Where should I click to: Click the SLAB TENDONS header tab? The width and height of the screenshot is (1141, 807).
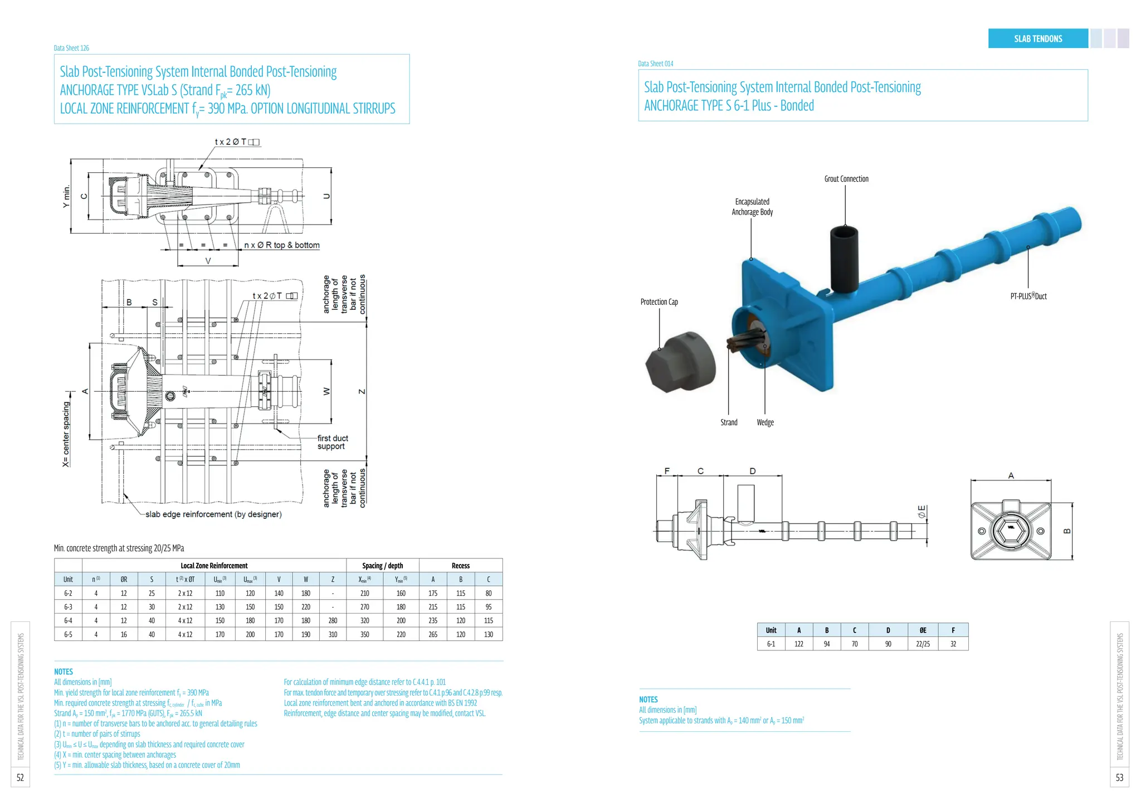pyautogui.click(x=1037, y=38)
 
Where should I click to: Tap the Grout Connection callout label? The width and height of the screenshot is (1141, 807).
pyautogui.click(x=846, y=179)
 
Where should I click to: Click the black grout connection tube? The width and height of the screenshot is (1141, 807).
pyautogui.click(x=843, y=259)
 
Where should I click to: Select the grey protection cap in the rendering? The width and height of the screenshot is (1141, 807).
pyautogui.click(x=680, y=363)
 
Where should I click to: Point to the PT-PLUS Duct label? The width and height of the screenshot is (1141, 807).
pyautogui.click(x=1028, y=296)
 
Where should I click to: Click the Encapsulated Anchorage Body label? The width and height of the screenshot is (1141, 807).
pyautogui.click(x=752, y=207)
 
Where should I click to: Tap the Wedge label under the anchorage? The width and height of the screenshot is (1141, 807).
pyautogui.click(x=765, y=422)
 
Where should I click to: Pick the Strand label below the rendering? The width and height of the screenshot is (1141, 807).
pyautogui.click(x=729, y=422)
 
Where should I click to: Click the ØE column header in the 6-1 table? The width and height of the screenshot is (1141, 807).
pyautogui.click(x=923, y=630)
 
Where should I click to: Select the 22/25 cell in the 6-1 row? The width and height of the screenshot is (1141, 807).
pyautogui.click(x=923, y=644)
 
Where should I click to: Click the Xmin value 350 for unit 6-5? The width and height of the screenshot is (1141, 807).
pyautogui.click(x=364, y=634)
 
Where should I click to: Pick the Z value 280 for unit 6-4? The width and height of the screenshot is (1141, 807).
pyautogui.click(x=333, y=620)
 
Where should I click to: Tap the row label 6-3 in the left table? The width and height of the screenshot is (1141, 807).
pyautogui.click(x=68, y=607)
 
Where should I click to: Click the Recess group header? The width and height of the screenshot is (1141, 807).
pyautogui.click(x=460, y=566)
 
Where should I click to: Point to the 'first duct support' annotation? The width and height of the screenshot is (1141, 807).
pyautogui.click(x=332, y=442)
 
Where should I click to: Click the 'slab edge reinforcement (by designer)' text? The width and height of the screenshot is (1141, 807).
pyautogui.click(x=213, y=514)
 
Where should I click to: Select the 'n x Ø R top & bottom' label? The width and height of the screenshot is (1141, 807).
pyautogui.click(x=282, y=245)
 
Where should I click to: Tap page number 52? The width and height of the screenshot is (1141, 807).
pyautogui.click(x=20, y=777)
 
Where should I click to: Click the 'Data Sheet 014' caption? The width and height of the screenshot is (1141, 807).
pyautogui.click(x=655, y=64)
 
